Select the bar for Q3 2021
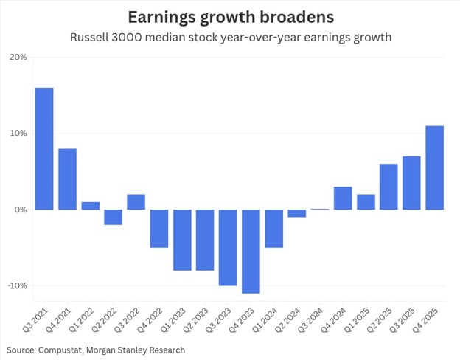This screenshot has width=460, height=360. pyautogui.click(x=44, y=148)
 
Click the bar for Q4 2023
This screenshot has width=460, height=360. pyautogui.click(x=251, y=251)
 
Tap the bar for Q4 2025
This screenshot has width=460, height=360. pyautogui.click(x=434, y=167)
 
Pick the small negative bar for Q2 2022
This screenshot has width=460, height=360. pyautogui.click(x=113, y=217)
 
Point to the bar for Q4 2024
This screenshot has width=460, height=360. pyautogui.click(x=343, y=198)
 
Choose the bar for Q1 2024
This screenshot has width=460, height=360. pyautogui.click(x=273, y=228)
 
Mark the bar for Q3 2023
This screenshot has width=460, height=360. pyautogui.click(x=228, y=247)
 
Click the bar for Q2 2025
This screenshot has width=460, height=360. pyautogui.click(x=388, y=187)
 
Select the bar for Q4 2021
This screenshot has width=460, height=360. pyautogui.click(x=67, y=179)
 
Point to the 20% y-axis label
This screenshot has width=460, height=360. pyautogui.click(x=18, y=58)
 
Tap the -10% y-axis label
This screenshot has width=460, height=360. pyautogui.click(x=16, y=285)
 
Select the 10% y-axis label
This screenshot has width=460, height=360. pyautogui.click(x=18, y=134)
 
